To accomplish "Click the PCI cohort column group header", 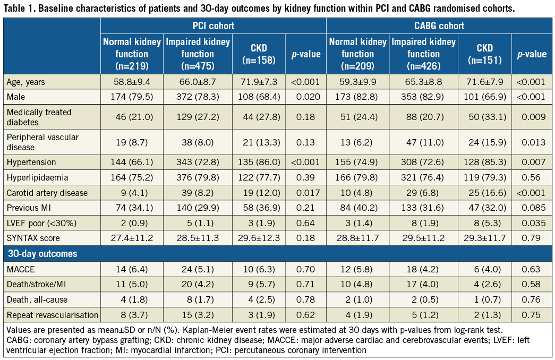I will [213, 25].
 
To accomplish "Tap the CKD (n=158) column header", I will [259, 54].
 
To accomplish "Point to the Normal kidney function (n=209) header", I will [357, 54].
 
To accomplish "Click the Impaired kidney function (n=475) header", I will [198, 54].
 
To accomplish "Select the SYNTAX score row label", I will [31, 237].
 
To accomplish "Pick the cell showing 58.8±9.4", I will [132, 82].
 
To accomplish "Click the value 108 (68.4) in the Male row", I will [259, 96].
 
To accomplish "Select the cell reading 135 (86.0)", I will [259, 162].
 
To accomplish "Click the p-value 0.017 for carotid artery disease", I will [305, 193].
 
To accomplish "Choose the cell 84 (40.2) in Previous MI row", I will [357, 208].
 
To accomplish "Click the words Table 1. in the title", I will [21, 8].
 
